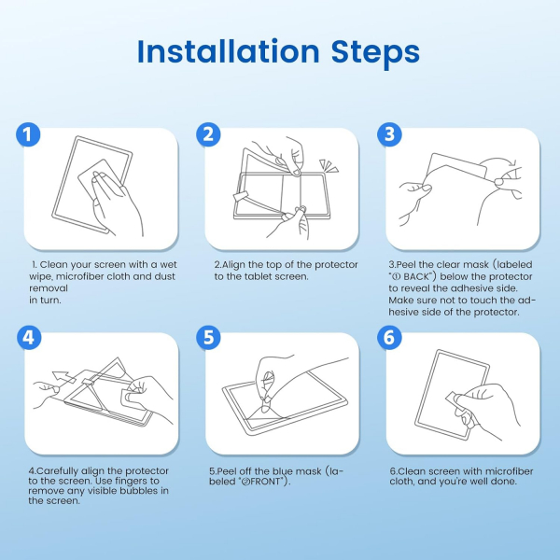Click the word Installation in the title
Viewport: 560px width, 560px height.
(229, 51)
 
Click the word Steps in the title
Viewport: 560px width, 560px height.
(375, 53)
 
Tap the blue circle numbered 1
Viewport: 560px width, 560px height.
(28, 134)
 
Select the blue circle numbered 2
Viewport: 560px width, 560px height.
(208, 134)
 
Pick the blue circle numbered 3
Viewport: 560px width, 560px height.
(389, 134)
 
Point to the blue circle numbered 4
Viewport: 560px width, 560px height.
(29, 338)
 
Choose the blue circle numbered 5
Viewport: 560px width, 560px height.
(208, 338)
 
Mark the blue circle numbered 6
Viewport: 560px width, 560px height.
(389, 338)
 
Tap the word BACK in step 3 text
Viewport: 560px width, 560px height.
(415, 277)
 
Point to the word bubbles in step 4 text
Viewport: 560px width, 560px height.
(139, 491)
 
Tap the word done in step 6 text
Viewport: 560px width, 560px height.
(503, 482)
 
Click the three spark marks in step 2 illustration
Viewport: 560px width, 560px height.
(329, 166)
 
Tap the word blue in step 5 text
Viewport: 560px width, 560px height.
(282, 471)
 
